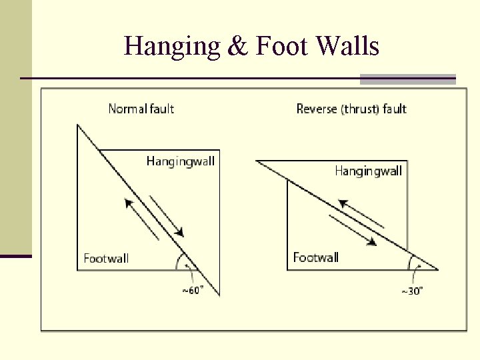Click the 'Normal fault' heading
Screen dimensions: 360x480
(141, 108)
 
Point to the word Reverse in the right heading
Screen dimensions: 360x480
(317, 109)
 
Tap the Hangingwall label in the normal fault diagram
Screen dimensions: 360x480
(181, 161)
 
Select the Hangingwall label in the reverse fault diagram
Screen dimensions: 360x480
(368, 171)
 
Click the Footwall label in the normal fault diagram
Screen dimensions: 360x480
(106, 258)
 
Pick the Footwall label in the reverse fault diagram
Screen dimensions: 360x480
(316, 257)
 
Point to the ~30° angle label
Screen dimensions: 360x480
(411, 291)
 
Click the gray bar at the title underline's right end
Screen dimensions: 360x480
(407, 79)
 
